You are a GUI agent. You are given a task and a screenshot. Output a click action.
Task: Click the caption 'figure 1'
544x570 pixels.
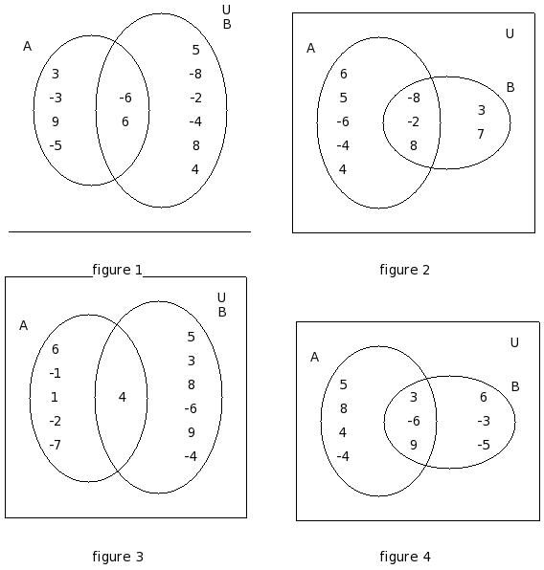(117, 270)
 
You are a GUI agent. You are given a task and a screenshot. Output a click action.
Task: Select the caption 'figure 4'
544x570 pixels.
(405, 557)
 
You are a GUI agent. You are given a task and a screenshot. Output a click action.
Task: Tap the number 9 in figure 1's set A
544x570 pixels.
(56, 121)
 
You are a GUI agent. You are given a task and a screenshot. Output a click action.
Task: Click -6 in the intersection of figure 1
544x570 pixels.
(125, 98)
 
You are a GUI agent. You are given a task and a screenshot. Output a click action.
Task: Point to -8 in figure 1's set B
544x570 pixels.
(195, 74)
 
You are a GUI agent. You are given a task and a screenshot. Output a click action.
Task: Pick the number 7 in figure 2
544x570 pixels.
(481, 134)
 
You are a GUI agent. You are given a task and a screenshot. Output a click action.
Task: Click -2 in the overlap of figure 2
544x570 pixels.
(414, 121)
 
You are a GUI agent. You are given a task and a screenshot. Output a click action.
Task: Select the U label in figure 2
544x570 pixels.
(510, 33)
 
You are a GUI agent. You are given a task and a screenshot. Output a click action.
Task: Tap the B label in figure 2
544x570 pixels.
(510, 87)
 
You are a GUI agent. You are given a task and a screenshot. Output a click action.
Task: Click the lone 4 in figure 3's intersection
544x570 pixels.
(123, 397)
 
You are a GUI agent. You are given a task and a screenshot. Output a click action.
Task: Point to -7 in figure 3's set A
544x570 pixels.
(55, 445)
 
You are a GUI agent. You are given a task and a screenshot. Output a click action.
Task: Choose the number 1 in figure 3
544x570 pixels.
(55, 397)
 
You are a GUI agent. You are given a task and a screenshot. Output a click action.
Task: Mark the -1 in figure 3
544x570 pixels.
(55, 373)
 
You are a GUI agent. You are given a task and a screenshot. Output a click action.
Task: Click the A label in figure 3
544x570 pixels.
(23, 325)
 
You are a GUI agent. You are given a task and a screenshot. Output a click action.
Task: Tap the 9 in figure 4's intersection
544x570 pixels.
(414, 445)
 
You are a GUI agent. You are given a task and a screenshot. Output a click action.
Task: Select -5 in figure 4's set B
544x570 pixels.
(484, 445)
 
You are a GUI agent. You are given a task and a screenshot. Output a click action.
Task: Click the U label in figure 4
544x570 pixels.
(514, 342)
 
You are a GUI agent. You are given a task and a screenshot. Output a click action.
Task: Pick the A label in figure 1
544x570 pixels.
(28, 46)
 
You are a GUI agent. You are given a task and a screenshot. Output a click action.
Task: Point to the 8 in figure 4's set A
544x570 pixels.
(344, 408)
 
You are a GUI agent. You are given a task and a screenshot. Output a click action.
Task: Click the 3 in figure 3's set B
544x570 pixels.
(192, 361)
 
